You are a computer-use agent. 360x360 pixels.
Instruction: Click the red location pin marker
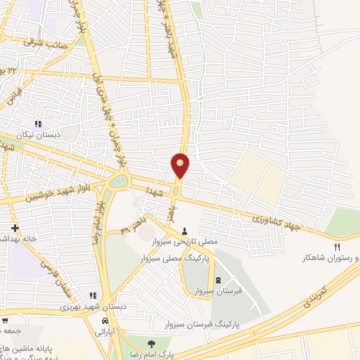point(181,165)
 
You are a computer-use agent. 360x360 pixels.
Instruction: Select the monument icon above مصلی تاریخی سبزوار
point(185,231)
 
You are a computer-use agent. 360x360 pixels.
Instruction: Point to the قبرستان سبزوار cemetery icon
point(217,280)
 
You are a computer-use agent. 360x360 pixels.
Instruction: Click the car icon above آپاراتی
point(105,321)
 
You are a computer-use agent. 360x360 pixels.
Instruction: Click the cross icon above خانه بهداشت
point(15,228)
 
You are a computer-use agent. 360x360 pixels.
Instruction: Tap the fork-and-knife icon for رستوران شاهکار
point(336,247)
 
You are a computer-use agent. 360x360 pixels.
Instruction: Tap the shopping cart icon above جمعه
point(5,320)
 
